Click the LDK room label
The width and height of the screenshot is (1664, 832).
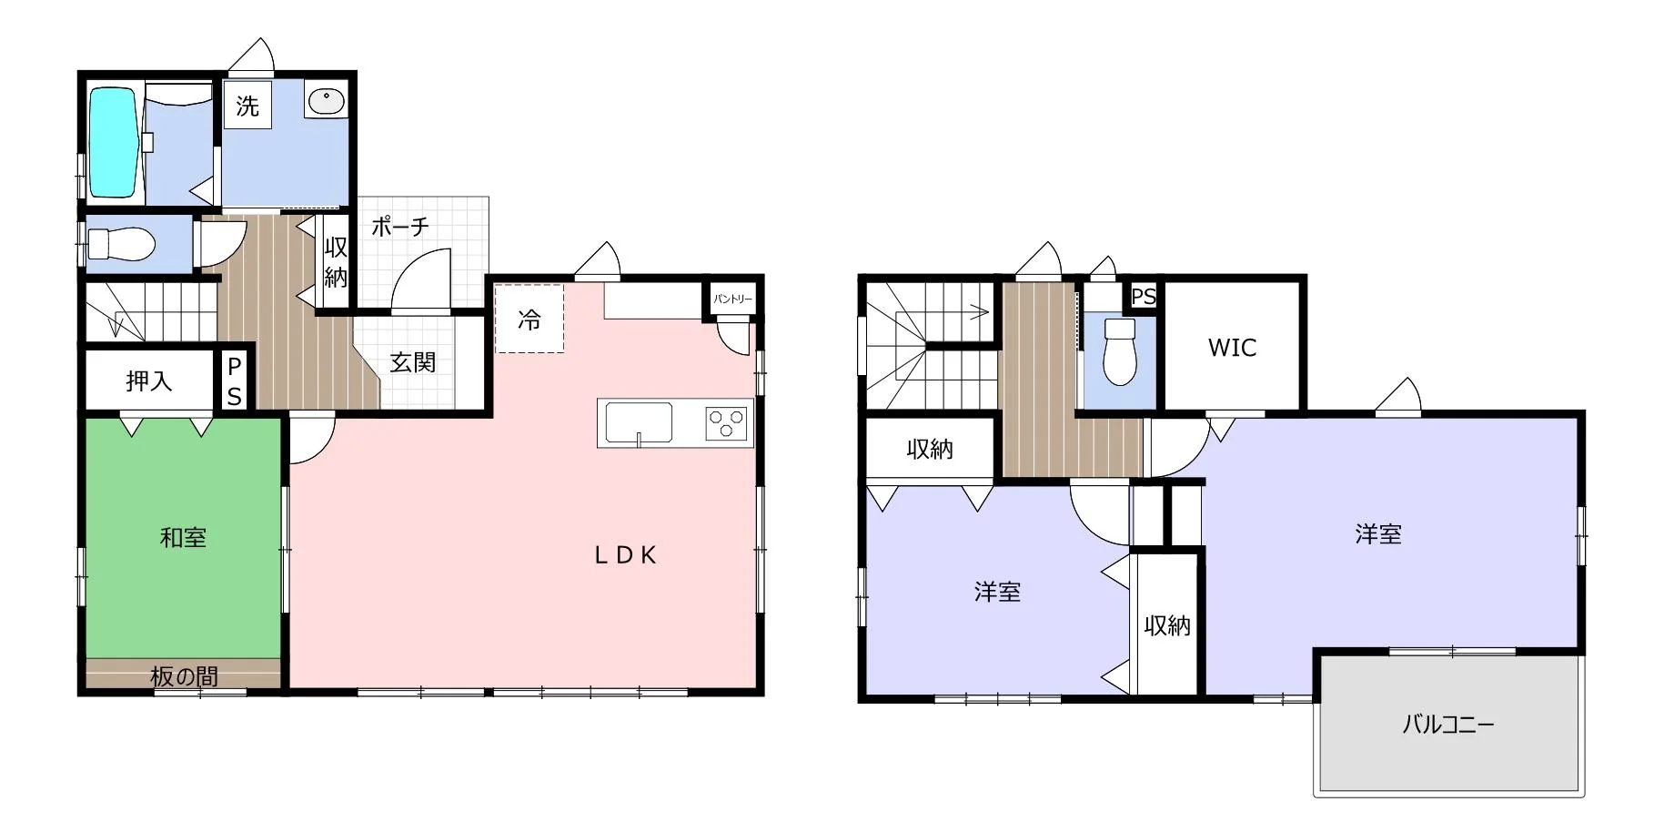(x=625, y=555)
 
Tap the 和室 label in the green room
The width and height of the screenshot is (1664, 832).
(x=183, y=537)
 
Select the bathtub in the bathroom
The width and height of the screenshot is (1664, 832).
(x=113, y=142)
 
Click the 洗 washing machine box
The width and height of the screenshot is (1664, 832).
(x=247, y=106)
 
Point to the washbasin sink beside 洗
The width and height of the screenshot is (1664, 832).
(x=326, y=101)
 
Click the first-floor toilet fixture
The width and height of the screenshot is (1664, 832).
(x=121, y=244)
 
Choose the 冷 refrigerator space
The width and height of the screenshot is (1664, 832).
(x=529, y=319)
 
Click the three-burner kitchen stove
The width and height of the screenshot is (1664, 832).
(x=726, y=423)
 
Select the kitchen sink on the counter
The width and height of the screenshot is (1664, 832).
(x=639, y=423)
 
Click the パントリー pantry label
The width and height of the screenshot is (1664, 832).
(x=732, y=299)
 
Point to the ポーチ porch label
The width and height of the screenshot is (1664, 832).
(x=399, y=226)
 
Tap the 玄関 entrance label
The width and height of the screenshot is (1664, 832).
(x=413, y=362)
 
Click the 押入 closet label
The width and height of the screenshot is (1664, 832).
(x=149, y=380)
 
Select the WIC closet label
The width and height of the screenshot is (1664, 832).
(x=1232, y=348)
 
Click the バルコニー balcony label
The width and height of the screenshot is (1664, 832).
(x=1447, y=725)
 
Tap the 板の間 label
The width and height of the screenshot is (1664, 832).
(x=184, y=676)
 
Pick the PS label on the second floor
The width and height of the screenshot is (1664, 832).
(x=1144, y=297)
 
